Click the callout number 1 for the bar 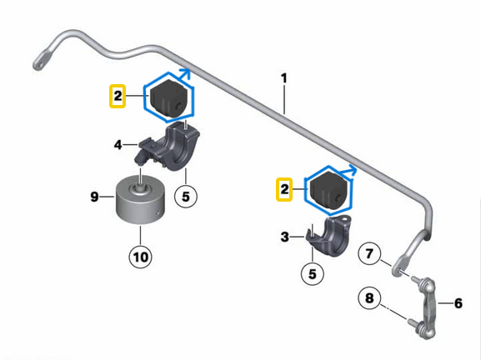pyautogui.click(x=284, y=78)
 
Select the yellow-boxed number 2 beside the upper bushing pyautogui.click(x=118, y=97)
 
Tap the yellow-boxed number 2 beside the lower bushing pyautogui.click(x=284, y=189)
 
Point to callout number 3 pyautogui.click(x=284, y=237)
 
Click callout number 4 pyautogui.click(x=118, y=145)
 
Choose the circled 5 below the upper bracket pyautogui.click(x=186, y=197)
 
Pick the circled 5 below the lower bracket pyautogui.click(x=313, y=273)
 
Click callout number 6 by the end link pyautogui.click(x=458, y=303)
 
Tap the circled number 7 pyautogui.click(x=369, y=253)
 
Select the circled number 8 pyautogui.click(x=369, y=297)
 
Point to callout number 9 pyautogui.click(x=94, y=197)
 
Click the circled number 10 pyautogui.click(x=141, y=257)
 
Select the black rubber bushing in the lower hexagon pyautogui.click(x=329, y=191)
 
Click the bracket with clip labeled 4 pyautogui.click(x=168, y=146)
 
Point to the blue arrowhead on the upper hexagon pyautogui.click(x=185, y=73)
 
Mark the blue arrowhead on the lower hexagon pyautogui.click(x=352, y=170)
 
